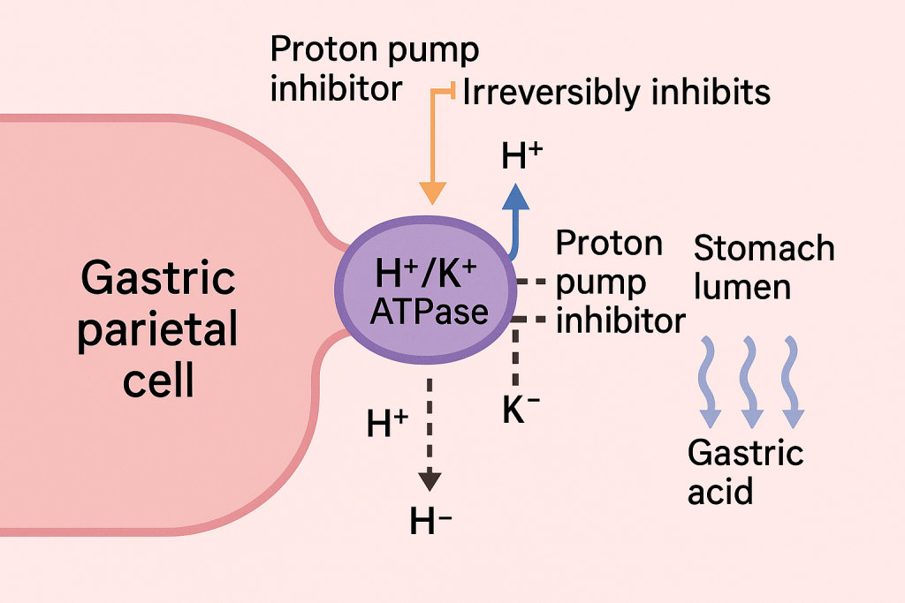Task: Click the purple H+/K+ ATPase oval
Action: pos(426,290)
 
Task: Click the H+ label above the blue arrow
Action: pos(521,155)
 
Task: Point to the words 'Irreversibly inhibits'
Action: pos(616,92)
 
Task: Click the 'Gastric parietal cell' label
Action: pos(157,328)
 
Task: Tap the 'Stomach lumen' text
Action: pos(764,268)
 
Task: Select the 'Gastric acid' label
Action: pos(746,471)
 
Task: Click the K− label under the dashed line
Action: pos(521,410)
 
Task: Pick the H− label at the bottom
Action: pos(430,521)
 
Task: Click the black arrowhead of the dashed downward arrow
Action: pos(430,481)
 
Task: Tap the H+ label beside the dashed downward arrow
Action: pos(388,424)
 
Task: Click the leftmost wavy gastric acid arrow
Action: pos(709,381)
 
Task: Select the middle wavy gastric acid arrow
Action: pos(750,381)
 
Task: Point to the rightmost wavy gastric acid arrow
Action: pos(793,381)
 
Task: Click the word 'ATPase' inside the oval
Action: pos(430,312)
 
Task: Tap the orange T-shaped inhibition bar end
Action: pos(453,91)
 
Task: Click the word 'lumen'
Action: pos(742,287)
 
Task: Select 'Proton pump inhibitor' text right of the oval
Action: pos(620,282)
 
